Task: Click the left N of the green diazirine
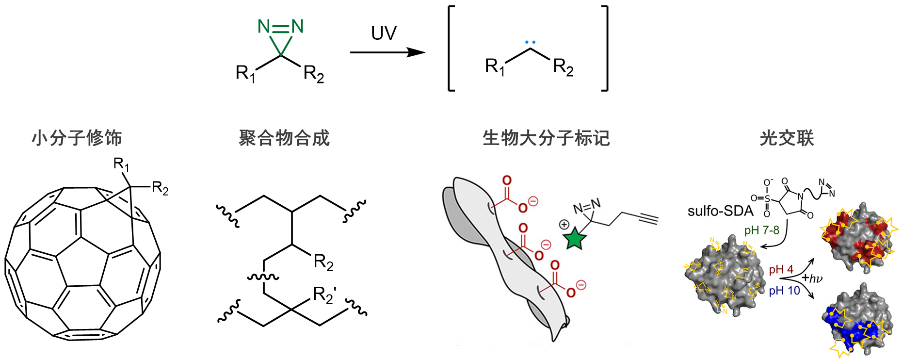click(264, 26)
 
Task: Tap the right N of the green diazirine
click(297, 26)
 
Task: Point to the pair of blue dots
click(530, 42)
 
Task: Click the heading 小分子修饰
click(77, 138)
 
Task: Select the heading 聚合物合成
click(284, 138)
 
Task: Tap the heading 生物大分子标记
click(546, 138)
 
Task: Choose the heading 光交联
click(787, 138)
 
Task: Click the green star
click(575, 239)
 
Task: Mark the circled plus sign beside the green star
click(564, 224)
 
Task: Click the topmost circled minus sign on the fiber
click(533, 201)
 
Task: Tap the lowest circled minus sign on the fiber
click(581, 285)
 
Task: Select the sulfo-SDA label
click(720, 211)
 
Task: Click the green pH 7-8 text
click(761, 230)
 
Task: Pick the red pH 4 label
click(781, 269)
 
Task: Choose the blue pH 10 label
click(784, 291)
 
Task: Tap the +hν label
click(812, 278)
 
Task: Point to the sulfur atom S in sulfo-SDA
click(767, 198)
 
